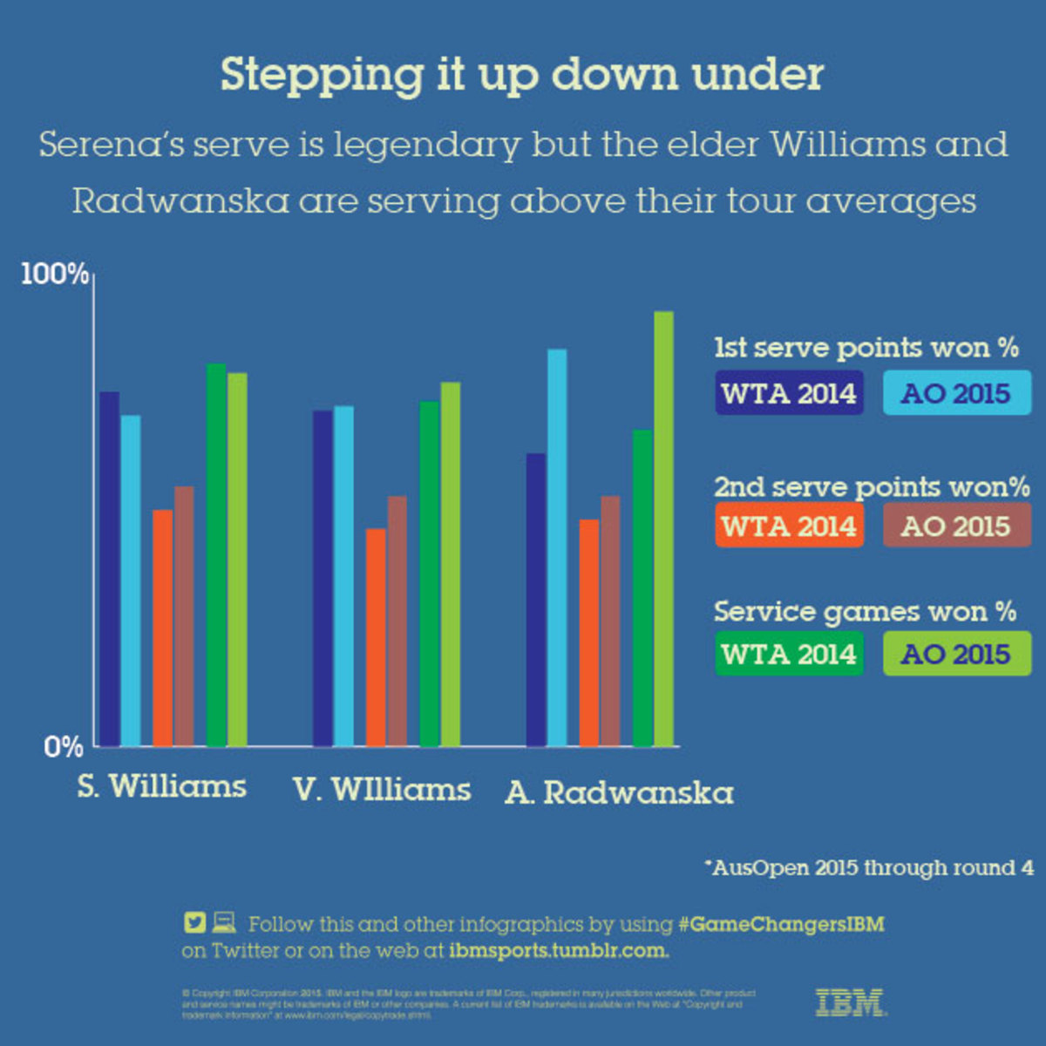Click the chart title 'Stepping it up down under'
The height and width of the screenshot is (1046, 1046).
[521, 75]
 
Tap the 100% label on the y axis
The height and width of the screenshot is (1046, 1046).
[54, 274]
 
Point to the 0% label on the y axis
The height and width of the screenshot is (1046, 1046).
[64, 747]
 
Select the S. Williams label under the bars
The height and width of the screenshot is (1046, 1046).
[161, 787]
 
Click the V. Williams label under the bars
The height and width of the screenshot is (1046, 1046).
[382, 790]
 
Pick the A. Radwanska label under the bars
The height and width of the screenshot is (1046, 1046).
[619, 793]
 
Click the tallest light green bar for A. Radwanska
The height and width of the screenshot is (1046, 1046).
[663, 529]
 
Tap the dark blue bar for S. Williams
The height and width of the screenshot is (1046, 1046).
[109, 568]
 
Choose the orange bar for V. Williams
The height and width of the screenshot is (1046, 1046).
[376, 637]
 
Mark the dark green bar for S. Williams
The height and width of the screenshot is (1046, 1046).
[216, 555]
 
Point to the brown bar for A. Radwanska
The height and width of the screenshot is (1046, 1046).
[610, 621]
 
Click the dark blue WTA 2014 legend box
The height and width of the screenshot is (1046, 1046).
[789, 393]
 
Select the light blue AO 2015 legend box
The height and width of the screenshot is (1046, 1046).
[956, 393]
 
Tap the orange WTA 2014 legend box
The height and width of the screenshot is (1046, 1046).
[789, 526]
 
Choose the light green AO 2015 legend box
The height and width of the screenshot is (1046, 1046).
[956, 654]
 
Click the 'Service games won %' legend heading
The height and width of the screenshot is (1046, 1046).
[865, 611]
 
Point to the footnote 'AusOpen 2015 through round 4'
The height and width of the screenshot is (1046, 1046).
[869, 868]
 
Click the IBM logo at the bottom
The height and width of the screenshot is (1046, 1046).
[850, 1002]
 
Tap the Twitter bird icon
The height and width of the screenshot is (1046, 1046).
[194, 922]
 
